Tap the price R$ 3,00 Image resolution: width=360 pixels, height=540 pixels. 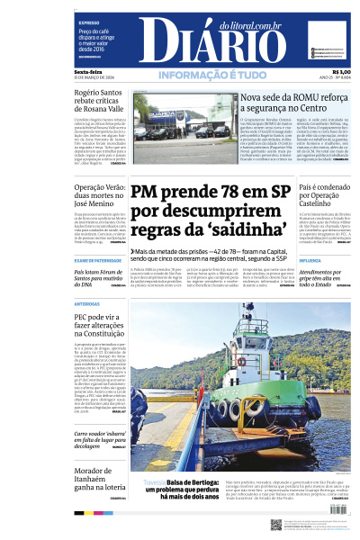point(342,71)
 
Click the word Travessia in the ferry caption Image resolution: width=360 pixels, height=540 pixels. point(142,481)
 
